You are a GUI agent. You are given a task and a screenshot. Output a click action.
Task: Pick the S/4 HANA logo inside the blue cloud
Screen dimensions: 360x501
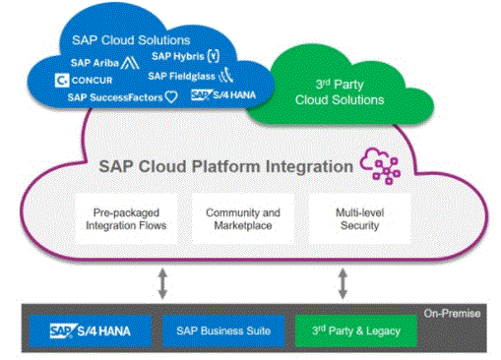click(221, 95)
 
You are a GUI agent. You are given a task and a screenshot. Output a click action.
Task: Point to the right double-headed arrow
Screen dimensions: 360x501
click(343, 283)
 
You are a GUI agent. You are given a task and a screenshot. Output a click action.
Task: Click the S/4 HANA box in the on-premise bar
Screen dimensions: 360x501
click(88, 330)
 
